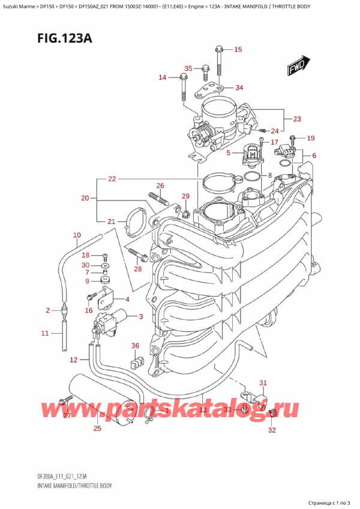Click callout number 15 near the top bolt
pyautogui.click(x=238, y=49)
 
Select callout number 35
pyautogui.click(x=188, y=68)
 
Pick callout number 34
pyautogui.click(x=239, y=88)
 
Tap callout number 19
pyautogui.click(x=310, y=138)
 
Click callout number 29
pyautogui.click(x=185, y=196)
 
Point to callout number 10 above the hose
pyautogui.click(x=76, y=235)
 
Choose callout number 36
pyautogui.click(x=135, y=345)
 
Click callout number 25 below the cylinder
pyautogui.click(x=98, y=428)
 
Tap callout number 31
pyautogui.click(x=262, y=383)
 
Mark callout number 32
pyautogui.click(x=271, y=430)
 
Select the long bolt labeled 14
pyautogui.click(x=180, y=88)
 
